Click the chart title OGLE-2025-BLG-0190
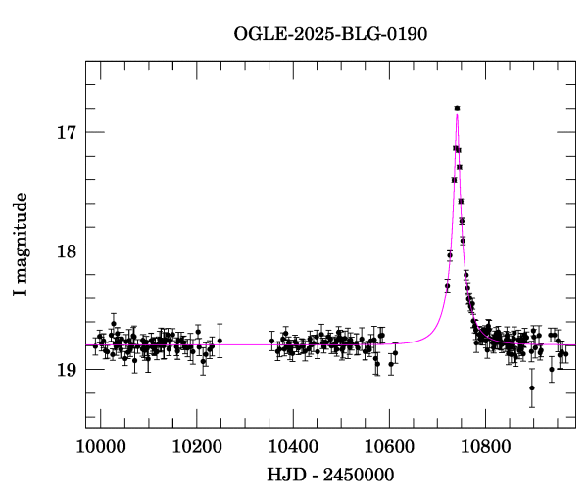[330, 33]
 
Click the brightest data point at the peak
[457, 108]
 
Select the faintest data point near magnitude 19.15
[532, 387]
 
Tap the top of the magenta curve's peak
[457, 114]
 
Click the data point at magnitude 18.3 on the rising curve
[447, 286]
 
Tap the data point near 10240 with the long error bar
[220, 341]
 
